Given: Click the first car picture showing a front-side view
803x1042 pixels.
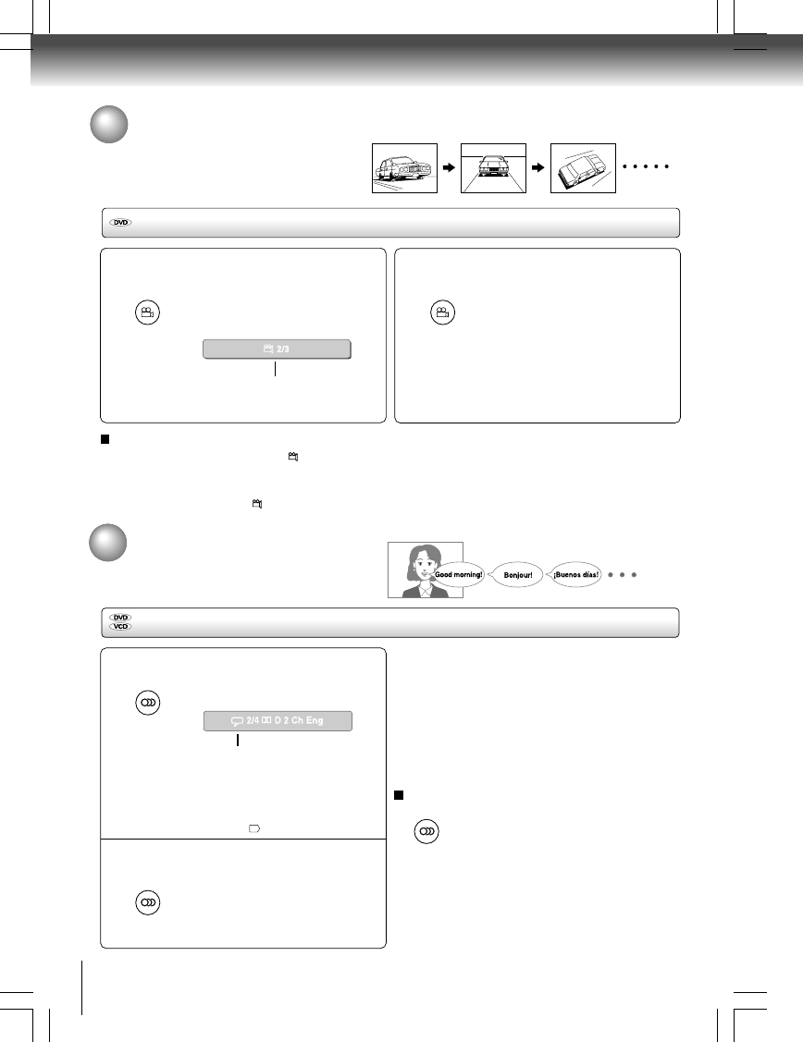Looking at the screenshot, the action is coord(403,168).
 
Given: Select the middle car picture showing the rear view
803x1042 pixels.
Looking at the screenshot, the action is coord(493,168).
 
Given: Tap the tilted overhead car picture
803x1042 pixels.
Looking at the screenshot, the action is coord(583,168).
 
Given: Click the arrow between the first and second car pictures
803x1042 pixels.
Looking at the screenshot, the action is coord(449,168).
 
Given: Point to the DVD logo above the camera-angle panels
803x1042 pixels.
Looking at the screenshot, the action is coord(120,223).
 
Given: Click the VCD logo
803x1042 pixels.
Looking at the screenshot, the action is coord(120,626).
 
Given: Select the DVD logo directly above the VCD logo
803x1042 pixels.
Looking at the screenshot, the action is coord(120,617).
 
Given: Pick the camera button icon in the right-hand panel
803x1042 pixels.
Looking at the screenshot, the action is coord(442,313).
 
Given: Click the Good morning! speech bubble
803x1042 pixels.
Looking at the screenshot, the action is coord(460,574).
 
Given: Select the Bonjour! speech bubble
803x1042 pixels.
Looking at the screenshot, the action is coord(519,575).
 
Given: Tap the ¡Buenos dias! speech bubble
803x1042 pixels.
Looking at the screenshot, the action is coord(576,574).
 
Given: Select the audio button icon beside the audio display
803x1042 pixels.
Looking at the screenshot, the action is coord(147,703).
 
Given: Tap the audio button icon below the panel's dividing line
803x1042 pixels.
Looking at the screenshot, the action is coord(147,901).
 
